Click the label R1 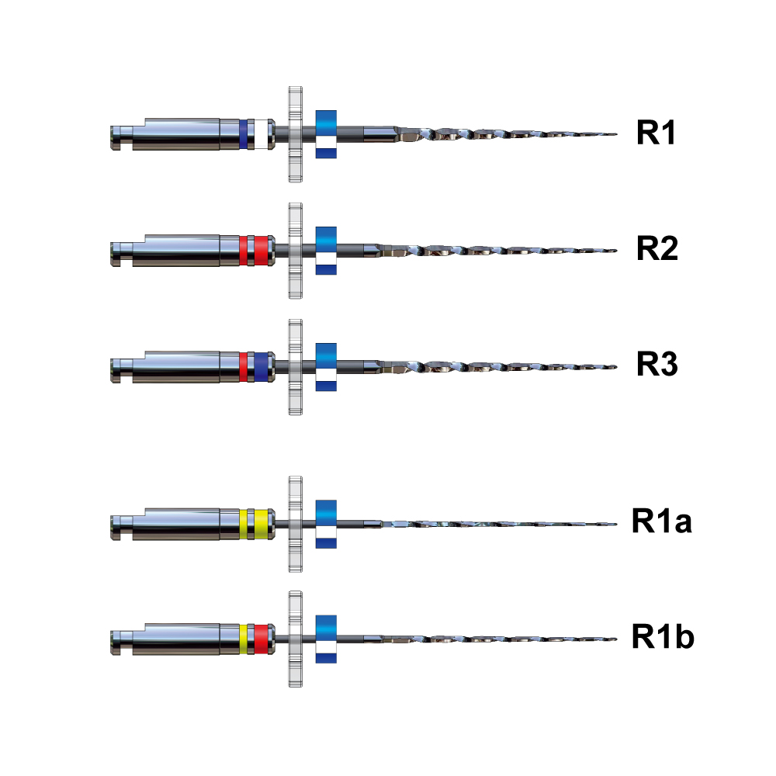click(656, 133)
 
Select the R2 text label click(657, 250)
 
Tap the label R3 click(657, 365)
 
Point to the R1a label click(661, 521)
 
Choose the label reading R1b click(662, 637)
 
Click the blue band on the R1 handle click(243, 134)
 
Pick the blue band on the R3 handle click(262, 366)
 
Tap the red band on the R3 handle click(243, 366)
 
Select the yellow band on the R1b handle click(243, 638)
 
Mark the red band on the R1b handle click(262, 638)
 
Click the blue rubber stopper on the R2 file click(326, 250)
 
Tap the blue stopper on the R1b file click(326, 639)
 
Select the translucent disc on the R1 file click(294, 134)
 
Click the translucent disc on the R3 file click(294, 366)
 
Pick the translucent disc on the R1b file click(294, 639)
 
